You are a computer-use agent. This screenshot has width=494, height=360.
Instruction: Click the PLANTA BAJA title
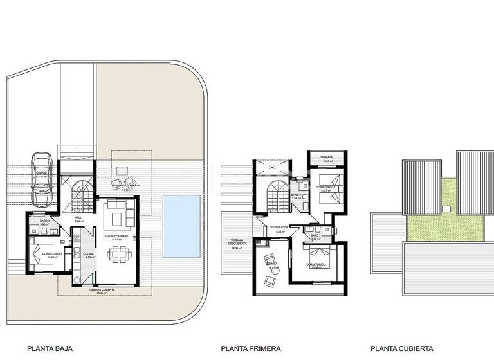[50, 349]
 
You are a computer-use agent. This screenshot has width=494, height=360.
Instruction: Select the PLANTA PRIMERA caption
[251, 349]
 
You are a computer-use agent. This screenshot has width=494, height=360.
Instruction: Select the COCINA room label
[87, 254]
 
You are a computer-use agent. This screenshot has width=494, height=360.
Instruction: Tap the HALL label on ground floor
[78, 217]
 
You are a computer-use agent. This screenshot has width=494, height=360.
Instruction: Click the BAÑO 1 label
[44, 221]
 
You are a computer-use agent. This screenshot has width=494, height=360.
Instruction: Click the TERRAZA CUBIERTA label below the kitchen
[102, 290]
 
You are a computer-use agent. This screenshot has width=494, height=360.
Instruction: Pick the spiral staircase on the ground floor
[82, 194]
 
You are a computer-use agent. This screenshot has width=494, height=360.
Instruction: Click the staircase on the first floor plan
[278, 196]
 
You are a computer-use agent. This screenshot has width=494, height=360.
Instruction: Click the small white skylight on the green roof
[444, 209]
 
